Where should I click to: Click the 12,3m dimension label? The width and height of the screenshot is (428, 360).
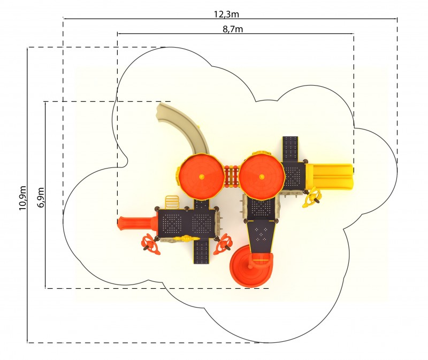pyautogui.click(x=226, y=14)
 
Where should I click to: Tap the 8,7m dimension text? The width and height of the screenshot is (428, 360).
pyautogui.click(x=233, y=29)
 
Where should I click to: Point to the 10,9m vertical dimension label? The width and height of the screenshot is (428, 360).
pyautogui.click(x=22, y=198)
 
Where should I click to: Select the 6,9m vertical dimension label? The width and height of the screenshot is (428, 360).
pyautogui.click(x=41, y=197)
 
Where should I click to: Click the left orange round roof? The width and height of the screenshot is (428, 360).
pyautogui.click(x=202, y=177)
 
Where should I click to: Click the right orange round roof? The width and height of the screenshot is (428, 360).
pyautogui.click(x=262, y=177)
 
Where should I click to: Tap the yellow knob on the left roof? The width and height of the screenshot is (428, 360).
pyautogui.click(x=202, y=177)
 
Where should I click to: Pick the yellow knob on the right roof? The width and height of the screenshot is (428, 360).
pyautogui.click(x=262, y=177)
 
